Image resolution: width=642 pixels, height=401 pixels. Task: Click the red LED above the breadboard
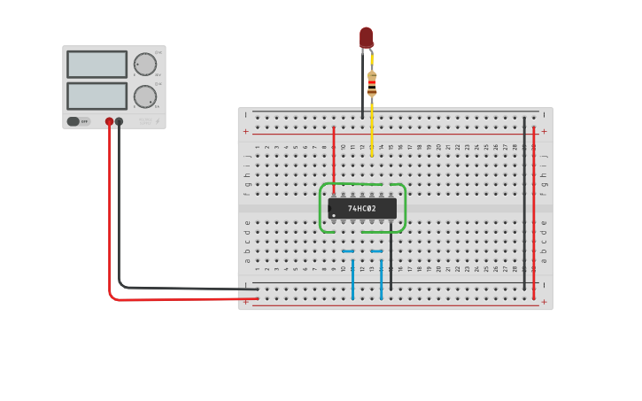click(x=366, y=36)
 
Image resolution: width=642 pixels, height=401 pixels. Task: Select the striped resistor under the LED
click(x=371, y=82)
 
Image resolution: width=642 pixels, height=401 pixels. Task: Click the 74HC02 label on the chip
click(x=361, y=209)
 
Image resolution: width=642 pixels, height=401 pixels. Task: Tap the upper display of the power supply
click(x=97, y=64)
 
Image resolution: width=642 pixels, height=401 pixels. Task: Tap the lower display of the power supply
click(x=97, y=96)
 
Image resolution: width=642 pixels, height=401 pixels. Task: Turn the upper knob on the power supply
click(x=144, y=64)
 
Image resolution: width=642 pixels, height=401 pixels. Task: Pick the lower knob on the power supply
click(x=144, y=96)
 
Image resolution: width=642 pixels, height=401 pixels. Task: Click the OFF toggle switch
click(x=78, y=121)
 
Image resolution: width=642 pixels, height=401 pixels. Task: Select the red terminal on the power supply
click(x=109, y=121)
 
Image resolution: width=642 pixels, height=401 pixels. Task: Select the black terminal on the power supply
click(x=119, y=121)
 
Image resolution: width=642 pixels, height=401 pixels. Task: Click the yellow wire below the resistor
click(x=371, y=128)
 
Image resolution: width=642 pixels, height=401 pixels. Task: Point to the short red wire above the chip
click(x=333, y=155)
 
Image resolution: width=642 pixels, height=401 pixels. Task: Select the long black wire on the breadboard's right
click(x=524, y=204)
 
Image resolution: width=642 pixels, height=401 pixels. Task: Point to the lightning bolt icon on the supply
click(x=158, y=121)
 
